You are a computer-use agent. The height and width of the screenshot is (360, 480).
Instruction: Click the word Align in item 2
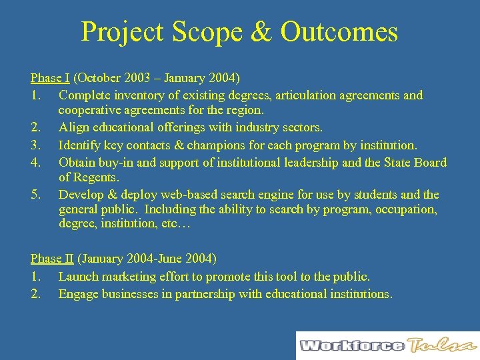[73, 127]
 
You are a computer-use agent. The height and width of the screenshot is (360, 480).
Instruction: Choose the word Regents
[97, 177]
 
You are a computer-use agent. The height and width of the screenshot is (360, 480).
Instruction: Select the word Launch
[78, 276]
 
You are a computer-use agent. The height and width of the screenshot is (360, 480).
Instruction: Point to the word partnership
[206, 293]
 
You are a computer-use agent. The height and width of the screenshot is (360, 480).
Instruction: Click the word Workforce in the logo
[351, 345]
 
